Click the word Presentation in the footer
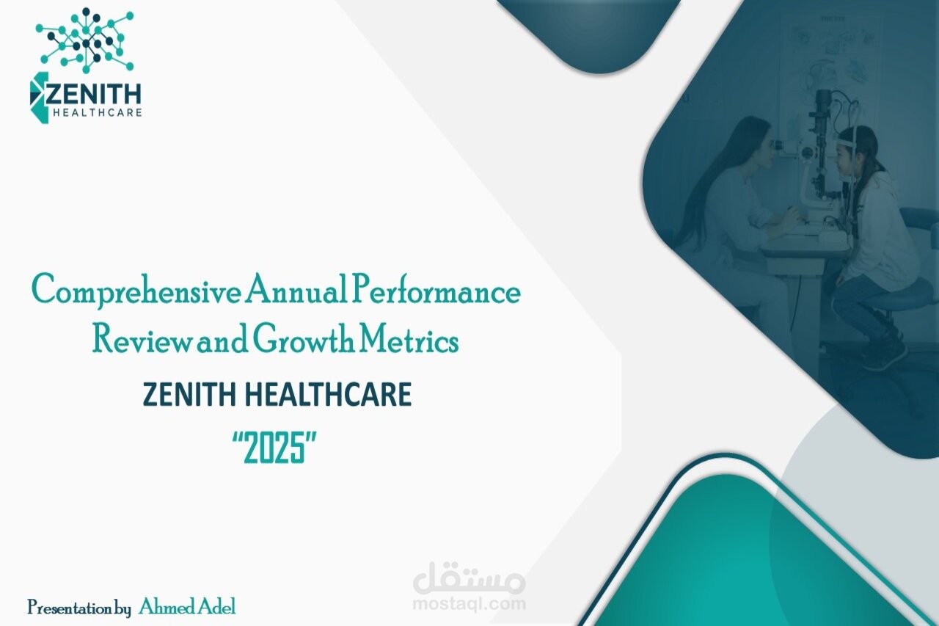point(70,608)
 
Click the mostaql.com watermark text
point(469,604)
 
